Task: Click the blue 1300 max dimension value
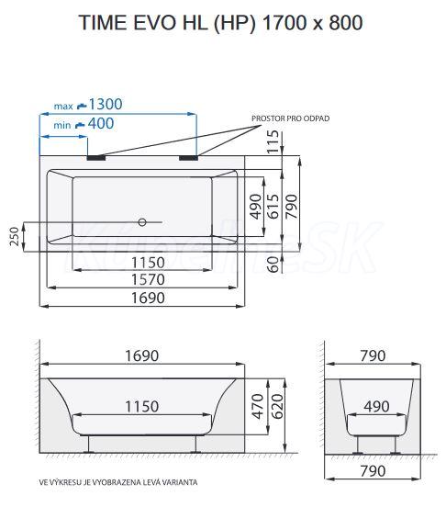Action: [x=106, y=104]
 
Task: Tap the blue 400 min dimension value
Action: [x=101, y=123]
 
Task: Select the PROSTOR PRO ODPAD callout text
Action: [x=291, y=118]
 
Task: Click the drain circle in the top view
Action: [x=142, y=222]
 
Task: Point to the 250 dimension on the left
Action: [x=15, y=236]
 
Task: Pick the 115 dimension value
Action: [x=273, y=141]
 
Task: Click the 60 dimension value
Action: [x=273, y=265]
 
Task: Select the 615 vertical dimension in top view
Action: [x=273, y=207]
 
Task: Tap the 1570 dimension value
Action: [x=149, y=279]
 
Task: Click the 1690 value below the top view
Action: [x=149, y=298]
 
